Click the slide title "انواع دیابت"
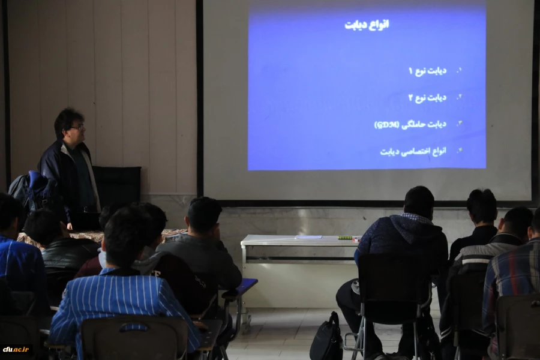pyautogui.click(x=367, y=25)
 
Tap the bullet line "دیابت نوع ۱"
pyautogui.click(x=427, y=71)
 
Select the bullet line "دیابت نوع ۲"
pyautogui.click(x=427, y=97)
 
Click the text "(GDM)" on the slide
pyautogui.click(x=386, y=125)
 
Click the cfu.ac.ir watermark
pyautogui.click(x=16, y=349)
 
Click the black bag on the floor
pyautogui.click(x=326, y=340)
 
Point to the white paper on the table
pyautogui.click(x=308, y=237)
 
